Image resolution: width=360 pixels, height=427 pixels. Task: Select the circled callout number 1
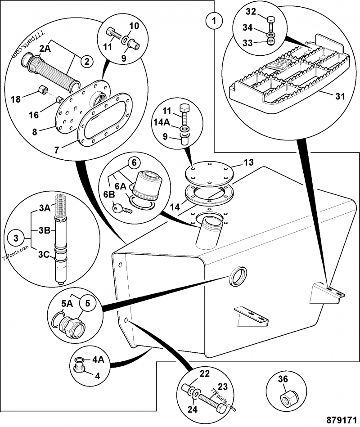[x=214, y=20]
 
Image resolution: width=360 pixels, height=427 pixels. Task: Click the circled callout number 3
[x=16, y=237]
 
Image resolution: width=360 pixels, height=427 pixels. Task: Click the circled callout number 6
[x=133, y=163]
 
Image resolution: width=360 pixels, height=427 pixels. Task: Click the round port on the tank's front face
[x=238, y=275]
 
